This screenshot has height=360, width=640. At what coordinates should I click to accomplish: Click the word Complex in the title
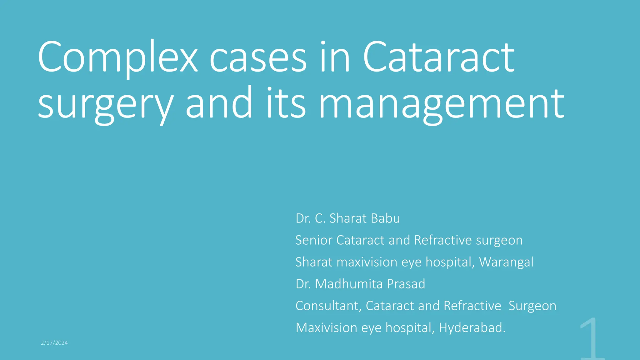(x=117, y=58)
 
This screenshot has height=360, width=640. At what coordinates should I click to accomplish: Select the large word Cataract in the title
(x=438, y=58)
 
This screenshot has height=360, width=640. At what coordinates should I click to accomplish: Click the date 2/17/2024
(x=54, y=343)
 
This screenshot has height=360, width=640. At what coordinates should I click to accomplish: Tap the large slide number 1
(x=592, y=339)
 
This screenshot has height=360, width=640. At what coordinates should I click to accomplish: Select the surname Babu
(x=386, y=218)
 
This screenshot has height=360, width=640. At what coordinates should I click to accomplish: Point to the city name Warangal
(x=506, y=262)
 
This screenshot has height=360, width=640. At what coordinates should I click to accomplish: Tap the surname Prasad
(x=406, y=284)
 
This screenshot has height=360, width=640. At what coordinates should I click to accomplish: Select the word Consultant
(x=328, y=306)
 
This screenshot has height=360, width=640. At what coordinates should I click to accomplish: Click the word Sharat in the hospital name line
(x=314, y=262)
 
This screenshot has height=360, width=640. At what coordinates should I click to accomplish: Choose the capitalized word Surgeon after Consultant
(x=532, y=306)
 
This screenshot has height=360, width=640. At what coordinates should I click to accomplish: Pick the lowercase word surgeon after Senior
(x=499, y=240)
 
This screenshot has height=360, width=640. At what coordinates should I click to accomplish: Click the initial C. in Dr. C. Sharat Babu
(x=320, y=218)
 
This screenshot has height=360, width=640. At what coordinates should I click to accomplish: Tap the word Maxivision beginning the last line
(x=326, y=328)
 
